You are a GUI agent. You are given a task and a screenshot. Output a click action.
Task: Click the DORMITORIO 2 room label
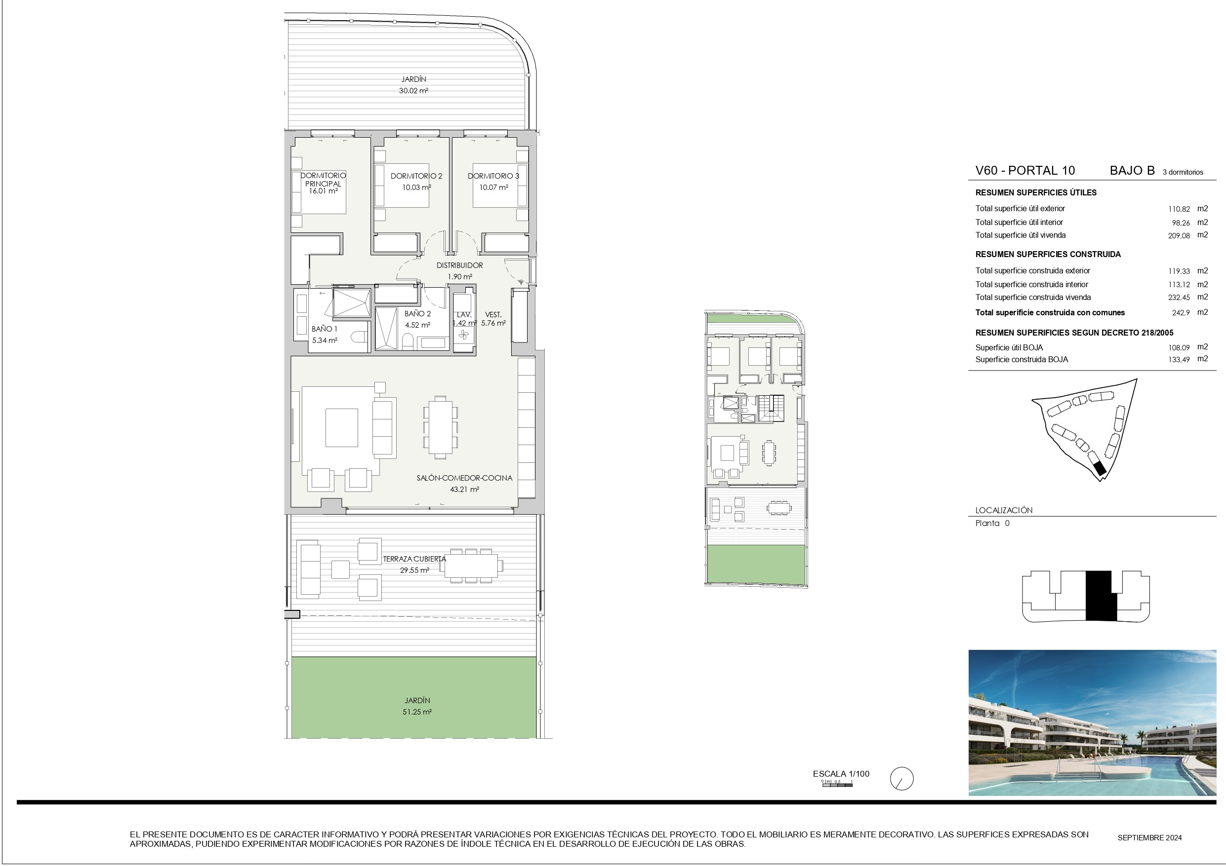(x=416, y=176)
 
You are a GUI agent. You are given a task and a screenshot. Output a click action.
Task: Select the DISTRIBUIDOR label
(x=460, y=265)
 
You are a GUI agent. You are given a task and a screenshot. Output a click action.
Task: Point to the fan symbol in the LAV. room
(x=463, y=335)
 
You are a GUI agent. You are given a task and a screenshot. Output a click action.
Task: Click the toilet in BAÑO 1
(x=361, y=337)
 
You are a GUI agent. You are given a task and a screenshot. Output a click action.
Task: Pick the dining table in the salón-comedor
(x=440, y=427)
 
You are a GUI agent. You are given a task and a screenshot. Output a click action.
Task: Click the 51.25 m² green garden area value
(x=417, y=712)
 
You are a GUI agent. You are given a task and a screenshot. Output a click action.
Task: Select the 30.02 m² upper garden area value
(x=413, y=91)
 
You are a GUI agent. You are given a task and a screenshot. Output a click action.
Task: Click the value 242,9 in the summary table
(x=1181, y=313)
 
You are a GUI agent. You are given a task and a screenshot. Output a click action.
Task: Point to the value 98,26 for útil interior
(x=1181, y=223)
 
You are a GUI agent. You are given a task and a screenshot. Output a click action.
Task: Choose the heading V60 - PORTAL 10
(x=1024, y=171)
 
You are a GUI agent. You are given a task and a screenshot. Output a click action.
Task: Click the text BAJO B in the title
(x=1132, y=171)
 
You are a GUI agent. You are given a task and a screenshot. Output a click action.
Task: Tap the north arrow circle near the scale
(x=901, y=779)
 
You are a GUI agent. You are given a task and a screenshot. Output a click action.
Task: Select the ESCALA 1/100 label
(x=841, y=774)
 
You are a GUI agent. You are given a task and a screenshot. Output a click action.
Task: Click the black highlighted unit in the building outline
(x=1101, y=596)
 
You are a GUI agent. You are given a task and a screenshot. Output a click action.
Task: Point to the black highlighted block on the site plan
(x=1099, y=469)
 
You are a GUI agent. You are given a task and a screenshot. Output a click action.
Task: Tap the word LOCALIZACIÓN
(x=1004, y=510)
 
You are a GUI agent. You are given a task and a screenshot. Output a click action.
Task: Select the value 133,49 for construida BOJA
(x=1179, y=360)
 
